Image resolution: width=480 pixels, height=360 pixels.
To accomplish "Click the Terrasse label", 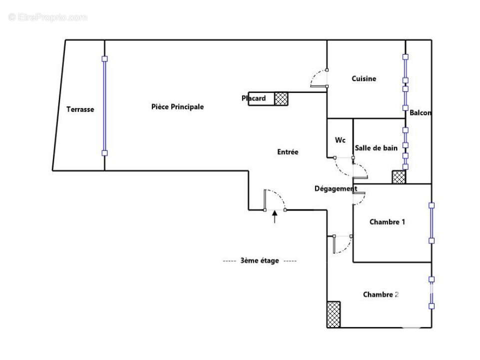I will tap(80, 109).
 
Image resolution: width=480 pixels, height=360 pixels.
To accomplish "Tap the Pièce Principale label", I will tap(177, 107).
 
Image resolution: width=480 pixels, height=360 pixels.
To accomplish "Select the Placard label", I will tap(254, 98).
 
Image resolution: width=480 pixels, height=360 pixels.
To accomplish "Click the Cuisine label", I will tap(364, 78).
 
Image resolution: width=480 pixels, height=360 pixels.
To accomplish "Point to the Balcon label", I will tap(420, 113).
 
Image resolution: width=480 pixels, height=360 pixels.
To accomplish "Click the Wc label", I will tap(340, 140).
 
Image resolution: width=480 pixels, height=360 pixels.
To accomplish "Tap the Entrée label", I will tap(288, 152).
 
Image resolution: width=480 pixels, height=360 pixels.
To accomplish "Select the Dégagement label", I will tap(336, 188).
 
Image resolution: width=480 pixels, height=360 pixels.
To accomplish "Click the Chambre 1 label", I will tap(387, 222).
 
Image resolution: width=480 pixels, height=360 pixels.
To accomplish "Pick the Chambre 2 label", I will tap(381, 294).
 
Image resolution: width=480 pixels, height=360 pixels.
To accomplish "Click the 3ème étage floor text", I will tap(259, 260).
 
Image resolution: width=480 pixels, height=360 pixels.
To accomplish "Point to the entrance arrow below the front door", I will tap(274, 216).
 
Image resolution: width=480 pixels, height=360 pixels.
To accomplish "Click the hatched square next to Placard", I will tap(282, 99).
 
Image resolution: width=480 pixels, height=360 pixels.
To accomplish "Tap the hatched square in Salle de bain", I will tap(399, 177).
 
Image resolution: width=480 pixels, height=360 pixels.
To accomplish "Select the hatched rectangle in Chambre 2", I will tap(334, 314).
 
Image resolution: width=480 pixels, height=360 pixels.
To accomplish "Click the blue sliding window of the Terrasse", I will tap(104, 106).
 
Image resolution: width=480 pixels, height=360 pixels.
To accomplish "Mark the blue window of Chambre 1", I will tap(432, 222).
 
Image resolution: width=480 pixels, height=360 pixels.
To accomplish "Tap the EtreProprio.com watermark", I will tap(47, 17).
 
